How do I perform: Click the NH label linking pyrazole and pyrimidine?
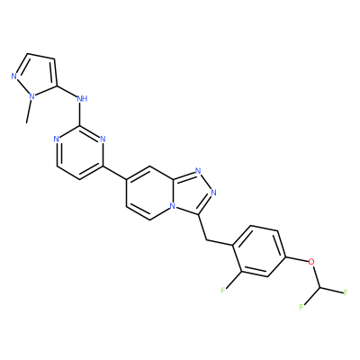(82, 98)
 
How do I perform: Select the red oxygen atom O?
(312, 263)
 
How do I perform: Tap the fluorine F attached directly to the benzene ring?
(223, 291)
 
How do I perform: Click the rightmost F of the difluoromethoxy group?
(346, 292)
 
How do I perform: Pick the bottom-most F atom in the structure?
(301, 307)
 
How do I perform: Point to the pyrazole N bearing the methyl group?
(31, 96)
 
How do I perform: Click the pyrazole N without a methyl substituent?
(13, 76)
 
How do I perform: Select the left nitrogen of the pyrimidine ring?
(56, 139)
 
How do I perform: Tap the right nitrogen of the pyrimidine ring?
(103, 139)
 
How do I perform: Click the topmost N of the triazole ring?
(198, 171)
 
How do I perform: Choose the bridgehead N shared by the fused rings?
(172, 206)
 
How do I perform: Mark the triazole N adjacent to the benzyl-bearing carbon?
(214, 192)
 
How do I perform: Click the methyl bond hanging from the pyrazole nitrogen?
(29, 112)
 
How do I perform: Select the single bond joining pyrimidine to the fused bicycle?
(115, 173)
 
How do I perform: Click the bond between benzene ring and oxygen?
(297, 259)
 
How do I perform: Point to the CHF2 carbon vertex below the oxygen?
(320, 288)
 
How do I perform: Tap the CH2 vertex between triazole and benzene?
(207, 239)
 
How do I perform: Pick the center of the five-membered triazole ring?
(193, 192)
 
